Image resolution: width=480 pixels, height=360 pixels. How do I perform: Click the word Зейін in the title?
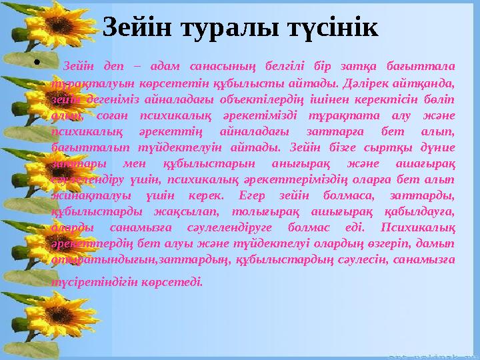(139, 27)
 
